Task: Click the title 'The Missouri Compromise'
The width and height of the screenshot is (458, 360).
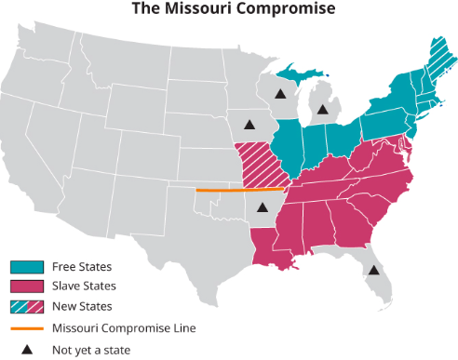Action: coord(229,9)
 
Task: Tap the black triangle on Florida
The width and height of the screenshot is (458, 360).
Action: coord(373,271)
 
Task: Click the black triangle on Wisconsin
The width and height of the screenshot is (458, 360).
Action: coord(279,93)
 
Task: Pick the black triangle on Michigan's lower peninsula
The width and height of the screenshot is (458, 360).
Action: coord(322,110)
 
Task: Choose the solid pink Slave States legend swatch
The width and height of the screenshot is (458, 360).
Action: coord(26,287)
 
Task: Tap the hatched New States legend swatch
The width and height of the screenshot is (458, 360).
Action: coord(26,307)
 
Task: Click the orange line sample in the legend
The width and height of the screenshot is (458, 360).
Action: coord(26,327)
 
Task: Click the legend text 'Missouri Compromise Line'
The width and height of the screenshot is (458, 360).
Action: coord(124,328)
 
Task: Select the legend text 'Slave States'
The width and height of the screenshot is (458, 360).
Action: coord(85,287)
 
